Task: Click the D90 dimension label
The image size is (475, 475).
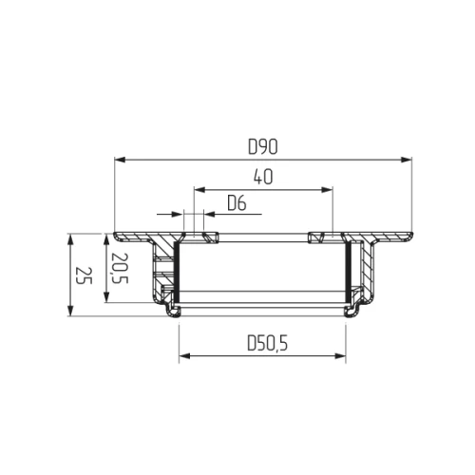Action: [263, 147]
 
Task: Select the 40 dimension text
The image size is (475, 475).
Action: [263, 177]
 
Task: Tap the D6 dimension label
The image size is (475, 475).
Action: [237, 203]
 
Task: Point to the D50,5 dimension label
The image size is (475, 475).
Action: [268, 344]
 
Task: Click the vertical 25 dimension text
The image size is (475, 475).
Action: [85, 275]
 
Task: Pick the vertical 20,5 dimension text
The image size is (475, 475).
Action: [121, 268]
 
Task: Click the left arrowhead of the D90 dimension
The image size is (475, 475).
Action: [120, 160]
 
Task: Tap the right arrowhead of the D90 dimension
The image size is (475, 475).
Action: [407, 160]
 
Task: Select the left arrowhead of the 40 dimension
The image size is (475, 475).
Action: [199, 190]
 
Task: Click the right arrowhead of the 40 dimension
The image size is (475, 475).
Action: [327, 190]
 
